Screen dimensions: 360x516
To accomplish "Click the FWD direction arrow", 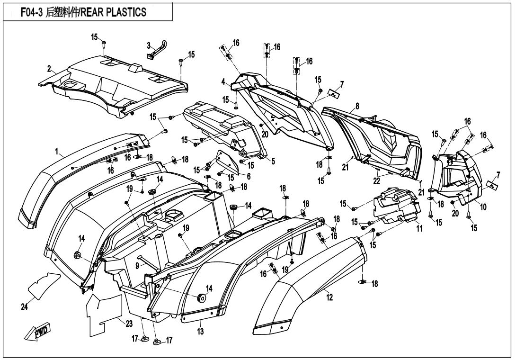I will tap(40, 333).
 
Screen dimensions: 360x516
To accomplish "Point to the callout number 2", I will tap(49, 69).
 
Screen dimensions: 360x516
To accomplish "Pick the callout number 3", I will tap(148, 46).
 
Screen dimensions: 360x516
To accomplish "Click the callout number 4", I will tap(223, 82).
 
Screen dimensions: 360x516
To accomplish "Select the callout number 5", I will tap(273, 161).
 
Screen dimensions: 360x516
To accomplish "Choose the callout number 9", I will tap(137, 266).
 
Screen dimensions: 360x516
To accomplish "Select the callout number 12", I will tap(329, 297).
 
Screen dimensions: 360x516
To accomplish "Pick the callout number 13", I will tap(200, 332).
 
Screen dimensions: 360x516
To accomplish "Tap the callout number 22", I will tap(377, 180).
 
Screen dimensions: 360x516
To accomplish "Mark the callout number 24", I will tap(24, 307).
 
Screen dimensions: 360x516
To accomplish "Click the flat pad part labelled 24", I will tap(44, 284).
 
